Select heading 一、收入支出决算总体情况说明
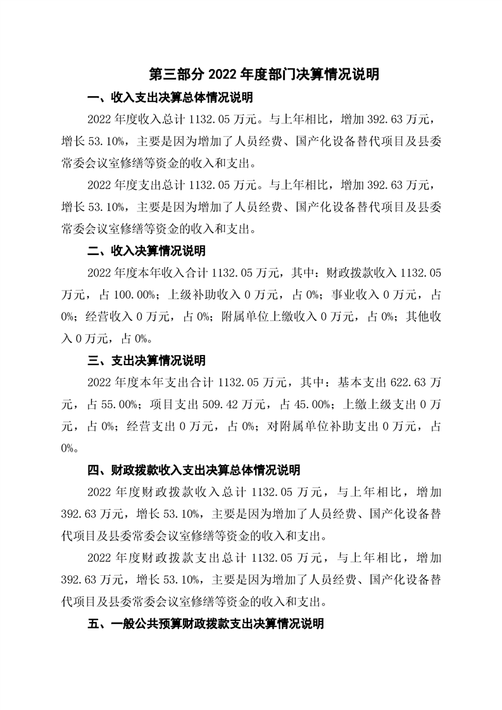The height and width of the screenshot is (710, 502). tap(170, 97)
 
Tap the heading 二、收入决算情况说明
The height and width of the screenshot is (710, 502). tap(147, 251)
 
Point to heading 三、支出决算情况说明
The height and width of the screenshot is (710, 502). tap(147, 361)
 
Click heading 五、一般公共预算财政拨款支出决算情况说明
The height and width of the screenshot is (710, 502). tap(205, 623)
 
